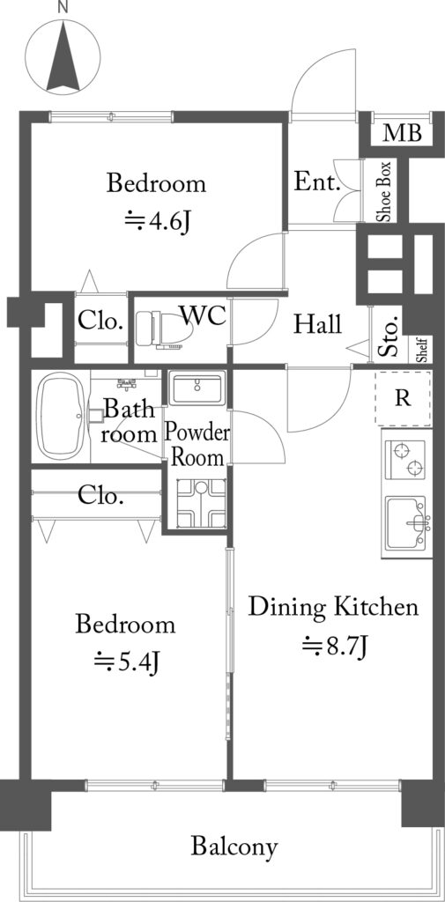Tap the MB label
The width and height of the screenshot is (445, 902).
[x=403, y=133]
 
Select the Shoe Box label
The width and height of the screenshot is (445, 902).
[x=384, y=191]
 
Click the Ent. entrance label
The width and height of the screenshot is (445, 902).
[x=315, y=182]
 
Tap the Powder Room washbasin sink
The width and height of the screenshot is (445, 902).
[x=196, y=388]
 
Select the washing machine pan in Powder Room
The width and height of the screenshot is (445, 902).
[x=201, y=503]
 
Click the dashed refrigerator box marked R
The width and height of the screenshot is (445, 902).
[x=403, y=398]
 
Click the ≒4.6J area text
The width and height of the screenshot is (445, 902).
[x=157, y=221]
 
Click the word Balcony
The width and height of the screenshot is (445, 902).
[x=234, y=847]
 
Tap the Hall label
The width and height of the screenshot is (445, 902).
[x=317, y=324]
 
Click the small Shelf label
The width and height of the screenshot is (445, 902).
[x=423, y=350]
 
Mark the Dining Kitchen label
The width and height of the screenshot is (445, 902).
[x=333, y=607]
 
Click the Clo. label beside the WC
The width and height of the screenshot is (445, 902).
[x=100, y=321]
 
